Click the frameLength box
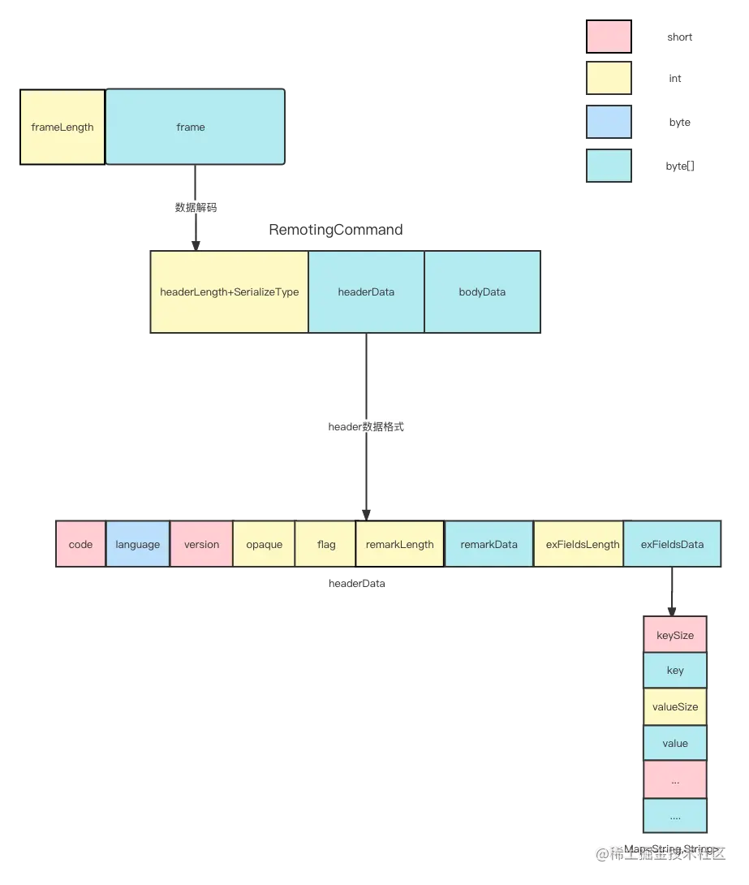(x=62, y=127)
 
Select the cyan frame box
(x=195, y=127)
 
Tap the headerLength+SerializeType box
(x=230, y=292)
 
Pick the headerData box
(x=366, y=292)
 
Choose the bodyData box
(x=482, y=292)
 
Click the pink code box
(x=80, y=544)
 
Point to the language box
(x=138, y=544)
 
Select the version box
(x=201, y=544)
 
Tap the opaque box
(x=264, y=544)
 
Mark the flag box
(x=325, y=544)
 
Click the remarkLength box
(x=400, y=544)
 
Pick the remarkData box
(x=489, y=544)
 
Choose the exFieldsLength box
(x=578, y=544)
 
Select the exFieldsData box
(x=672, y=544)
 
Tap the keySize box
(x=675, y=636)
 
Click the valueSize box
(x=675, y=707)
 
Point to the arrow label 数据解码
(x=196, y=207)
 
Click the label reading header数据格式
(x=366, y=426)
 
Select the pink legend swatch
(x=608, y=37)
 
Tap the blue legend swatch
(x=608, y=123)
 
